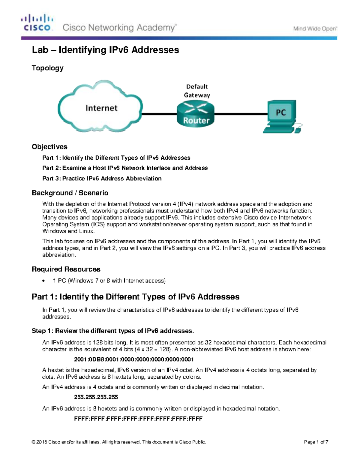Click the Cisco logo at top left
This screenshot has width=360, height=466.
coord(37,23)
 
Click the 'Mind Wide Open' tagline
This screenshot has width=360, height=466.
coord(315,29)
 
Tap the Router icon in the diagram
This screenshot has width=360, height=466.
coord(196,114)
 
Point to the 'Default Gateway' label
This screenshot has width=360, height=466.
coord(197,91)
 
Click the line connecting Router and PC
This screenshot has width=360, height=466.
coord(240,114)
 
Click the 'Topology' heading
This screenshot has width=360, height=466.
coord(47,68)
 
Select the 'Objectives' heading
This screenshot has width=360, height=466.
coord(49,147)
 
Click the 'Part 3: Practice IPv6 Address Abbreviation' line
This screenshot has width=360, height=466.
coord(102,179)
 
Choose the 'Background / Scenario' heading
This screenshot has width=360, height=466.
coord(70,193)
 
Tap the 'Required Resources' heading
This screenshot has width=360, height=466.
coord(66,269)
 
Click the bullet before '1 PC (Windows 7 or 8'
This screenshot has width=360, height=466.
coord(44,281)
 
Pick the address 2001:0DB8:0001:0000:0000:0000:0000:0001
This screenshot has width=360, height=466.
coord(134,359)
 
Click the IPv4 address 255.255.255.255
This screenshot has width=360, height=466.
coord(96,397)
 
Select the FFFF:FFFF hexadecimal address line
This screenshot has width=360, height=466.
coord(138,418)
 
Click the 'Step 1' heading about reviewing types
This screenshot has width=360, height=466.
coord(113,331)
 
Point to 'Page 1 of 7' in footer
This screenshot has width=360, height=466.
coord(316,442)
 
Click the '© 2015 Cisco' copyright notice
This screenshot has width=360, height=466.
coord(119,442)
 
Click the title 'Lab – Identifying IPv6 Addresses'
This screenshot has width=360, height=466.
coord(105,50)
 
